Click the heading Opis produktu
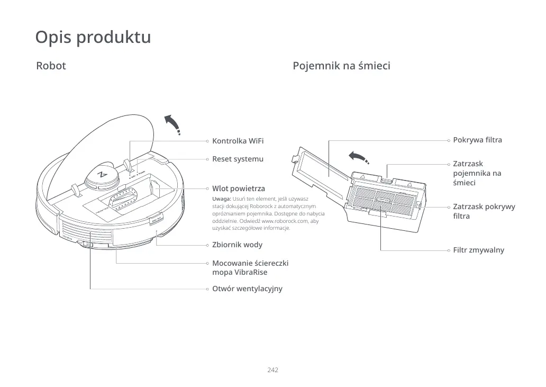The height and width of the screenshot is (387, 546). tap(93, 38)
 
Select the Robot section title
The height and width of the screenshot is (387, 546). tap(51, 66)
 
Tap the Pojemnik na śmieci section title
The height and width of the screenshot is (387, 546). tap(341, 66)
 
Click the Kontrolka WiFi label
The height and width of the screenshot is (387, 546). tap(238, 141)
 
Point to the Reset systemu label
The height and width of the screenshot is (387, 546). tap(238, 159)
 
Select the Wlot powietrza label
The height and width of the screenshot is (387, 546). tap(239, 188)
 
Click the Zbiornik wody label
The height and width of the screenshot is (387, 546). tap(237, 245)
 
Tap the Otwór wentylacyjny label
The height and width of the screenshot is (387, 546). tap(247, 289)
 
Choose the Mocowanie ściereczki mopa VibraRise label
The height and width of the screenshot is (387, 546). tap(250, 267)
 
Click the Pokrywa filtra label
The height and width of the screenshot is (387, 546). tap(477, 140)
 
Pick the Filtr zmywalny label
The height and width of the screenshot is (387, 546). tap(478, 250)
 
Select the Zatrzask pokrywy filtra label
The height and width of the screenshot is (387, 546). tap(484, 211)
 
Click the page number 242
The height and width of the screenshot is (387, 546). tap(273, 370)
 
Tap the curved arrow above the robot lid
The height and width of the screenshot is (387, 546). tap(172, 124)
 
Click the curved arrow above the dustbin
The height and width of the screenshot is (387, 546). tap(358, 157)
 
